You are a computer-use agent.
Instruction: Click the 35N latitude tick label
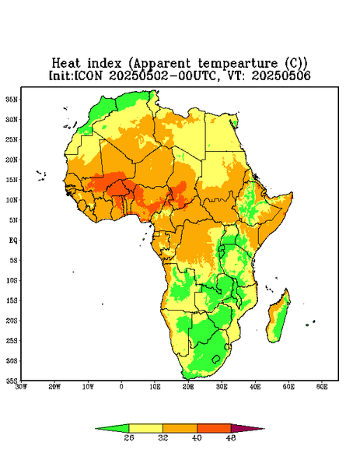point(12,99)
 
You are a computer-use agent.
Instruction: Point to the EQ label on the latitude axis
point(12,240)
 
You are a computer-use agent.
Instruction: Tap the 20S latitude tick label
point(12,321)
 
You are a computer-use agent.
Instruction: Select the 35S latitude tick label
point(12,381)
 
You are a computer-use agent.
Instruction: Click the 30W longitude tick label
point(22,387)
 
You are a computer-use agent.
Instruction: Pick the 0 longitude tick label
point(121,387)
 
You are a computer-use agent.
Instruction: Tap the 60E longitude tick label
point(322,387)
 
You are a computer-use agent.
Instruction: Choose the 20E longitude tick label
point(188,387)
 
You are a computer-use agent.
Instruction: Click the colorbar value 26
point(129,437)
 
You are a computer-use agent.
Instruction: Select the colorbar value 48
point(231,437)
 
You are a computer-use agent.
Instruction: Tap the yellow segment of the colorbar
point(145,428)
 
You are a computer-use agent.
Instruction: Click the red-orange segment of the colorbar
point(214,428)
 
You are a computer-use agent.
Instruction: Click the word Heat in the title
point(66,64)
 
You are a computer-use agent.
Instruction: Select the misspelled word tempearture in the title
point(238,64)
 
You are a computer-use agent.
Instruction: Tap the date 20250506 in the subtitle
point(281,75)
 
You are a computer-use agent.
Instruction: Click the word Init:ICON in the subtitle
point(76,75)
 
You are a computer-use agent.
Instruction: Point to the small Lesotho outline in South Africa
point(216,359)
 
